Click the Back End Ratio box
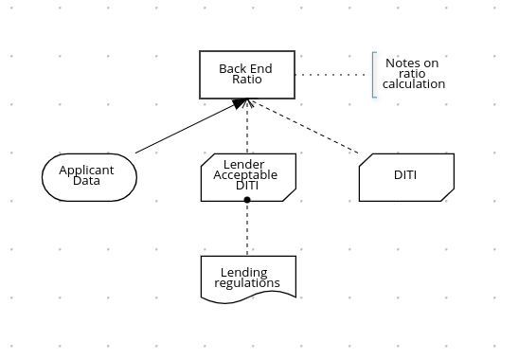pos(246,74)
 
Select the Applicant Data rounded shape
pos(90,176)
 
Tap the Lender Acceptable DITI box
pos(247,176)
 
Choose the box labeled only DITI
pos(405,176)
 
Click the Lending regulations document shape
pos(247,278)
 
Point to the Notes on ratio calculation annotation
pos(413,74)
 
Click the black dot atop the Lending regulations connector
pos(247,200)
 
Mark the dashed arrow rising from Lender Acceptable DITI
pos(247,128)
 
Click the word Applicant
pos(86,171)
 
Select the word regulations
pos(247,283)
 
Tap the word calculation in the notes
pos(414,84)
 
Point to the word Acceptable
pos(245,175)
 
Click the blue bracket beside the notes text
pos(374,74)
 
